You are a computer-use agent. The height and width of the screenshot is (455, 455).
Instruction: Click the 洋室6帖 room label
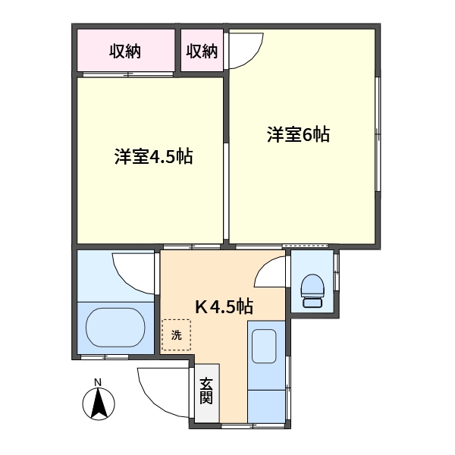(x=298, y=135)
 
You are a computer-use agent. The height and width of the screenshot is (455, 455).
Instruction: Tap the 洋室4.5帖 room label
(x=153, y=156)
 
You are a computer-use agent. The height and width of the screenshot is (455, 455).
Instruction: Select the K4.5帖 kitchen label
(x=224, y=306)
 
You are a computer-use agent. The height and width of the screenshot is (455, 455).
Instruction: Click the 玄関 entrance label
(x=206, y=391)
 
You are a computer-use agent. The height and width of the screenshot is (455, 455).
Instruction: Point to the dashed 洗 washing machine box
(x=177, y=335)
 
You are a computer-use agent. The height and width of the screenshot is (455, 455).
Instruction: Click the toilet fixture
(x=312, y=290)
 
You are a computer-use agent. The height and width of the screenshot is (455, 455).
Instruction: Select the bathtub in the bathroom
(x=115, y=328)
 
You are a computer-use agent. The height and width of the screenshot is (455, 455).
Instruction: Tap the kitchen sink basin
(x=264, y=347)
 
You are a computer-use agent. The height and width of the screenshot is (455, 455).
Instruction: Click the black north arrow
(x=99, y=403)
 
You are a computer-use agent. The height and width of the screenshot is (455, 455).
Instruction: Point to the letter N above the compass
(x=98, y=382)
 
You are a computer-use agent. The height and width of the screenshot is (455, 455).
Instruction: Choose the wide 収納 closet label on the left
(x=125, y=52)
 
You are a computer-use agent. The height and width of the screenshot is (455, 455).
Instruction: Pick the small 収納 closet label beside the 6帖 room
(x=202, y=52)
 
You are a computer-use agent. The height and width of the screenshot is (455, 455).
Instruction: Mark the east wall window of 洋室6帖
(x=378, y=134)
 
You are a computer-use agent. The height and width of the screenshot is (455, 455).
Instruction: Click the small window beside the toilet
(x=336, y=272)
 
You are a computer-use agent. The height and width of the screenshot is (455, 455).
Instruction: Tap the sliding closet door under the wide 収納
(x=128, y=74)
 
